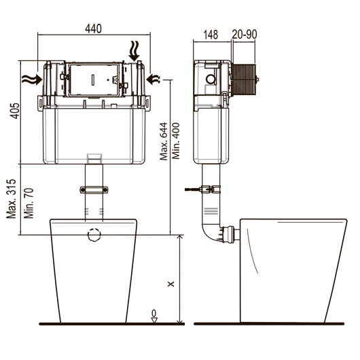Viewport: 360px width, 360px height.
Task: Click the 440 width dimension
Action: (93, 29)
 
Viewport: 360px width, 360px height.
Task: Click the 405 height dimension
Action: (16, 111)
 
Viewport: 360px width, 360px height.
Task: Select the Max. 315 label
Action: (12, 199)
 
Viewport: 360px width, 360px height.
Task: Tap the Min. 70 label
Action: (29, 203)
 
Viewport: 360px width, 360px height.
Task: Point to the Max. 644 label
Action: (164, 141)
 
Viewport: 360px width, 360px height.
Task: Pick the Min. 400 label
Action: (176, 141)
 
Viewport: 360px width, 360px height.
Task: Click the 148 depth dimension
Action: (211, 35)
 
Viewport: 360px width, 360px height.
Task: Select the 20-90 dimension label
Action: (245, 34)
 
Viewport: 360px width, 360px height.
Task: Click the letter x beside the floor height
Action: (170, 284)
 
